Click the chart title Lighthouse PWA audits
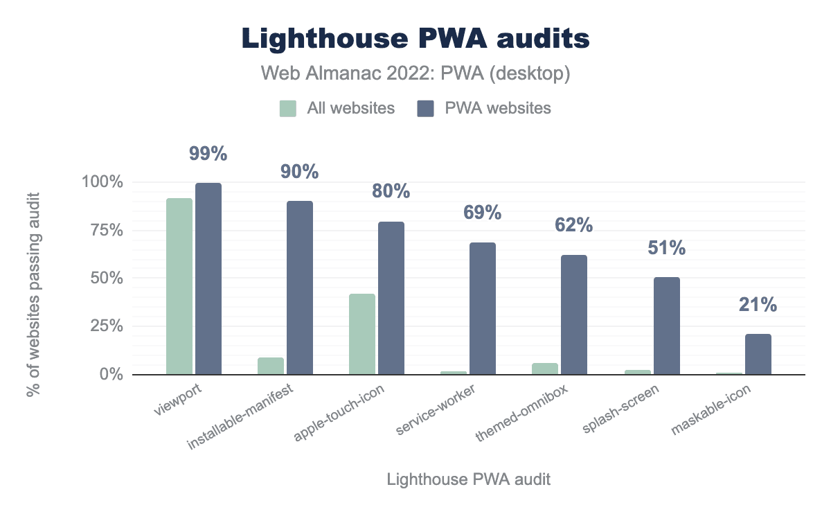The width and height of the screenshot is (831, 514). click(x=415, y=39)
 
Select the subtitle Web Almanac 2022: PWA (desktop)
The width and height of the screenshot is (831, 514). click(x=415, y=74)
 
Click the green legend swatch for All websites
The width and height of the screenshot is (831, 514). click(x=288, y=108)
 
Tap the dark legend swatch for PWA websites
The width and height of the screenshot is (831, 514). click(x=425, y=108)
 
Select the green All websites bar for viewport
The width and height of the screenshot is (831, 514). click(x=179, y=286)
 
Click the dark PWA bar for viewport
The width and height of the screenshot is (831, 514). click(x=208, y=278)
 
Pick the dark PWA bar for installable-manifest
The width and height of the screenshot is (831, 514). click(x=300, y=287)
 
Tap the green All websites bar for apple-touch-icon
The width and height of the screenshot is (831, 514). click(x=362, y=334)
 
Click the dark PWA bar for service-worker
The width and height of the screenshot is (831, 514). click(x=483, y=308)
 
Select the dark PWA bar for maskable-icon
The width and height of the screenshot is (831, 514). click(x=758, y=354)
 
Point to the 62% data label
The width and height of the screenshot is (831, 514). click(x=573, y=224)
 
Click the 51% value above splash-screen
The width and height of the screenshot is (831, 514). click(x=665, y=247)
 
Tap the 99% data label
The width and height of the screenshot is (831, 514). click(x=208, y=154)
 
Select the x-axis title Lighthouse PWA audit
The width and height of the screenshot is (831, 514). click(x=469, y=479)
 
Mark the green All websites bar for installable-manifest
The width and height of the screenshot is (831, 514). click(x=271, y=366)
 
